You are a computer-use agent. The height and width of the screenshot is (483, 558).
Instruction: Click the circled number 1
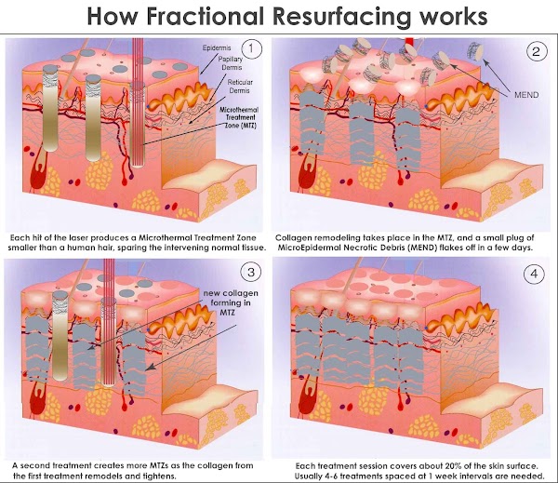(251, 48)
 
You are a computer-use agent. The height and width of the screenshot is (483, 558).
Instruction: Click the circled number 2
(536, 52)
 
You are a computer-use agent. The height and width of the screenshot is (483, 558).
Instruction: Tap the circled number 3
(251, 272)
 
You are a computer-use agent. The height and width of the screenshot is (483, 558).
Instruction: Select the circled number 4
(534, 274)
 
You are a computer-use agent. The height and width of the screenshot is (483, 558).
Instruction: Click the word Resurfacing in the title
(340, 17)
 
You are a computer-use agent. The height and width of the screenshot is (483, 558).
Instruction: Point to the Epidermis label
(217, 47)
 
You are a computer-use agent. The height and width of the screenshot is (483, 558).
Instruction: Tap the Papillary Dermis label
(231, 63)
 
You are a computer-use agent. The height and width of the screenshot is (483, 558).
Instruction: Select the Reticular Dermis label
(240, 87)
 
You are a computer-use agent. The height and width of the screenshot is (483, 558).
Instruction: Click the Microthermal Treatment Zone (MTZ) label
(239, 117)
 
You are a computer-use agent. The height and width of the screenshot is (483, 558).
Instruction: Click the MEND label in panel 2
(526, 95)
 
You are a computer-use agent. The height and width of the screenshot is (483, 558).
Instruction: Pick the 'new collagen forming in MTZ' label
(231, 302)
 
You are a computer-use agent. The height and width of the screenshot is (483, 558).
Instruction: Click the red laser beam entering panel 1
(138, 102)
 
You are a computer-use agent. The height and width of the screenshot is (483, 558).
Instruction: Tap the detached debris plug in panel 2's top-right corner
(475, 51)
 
